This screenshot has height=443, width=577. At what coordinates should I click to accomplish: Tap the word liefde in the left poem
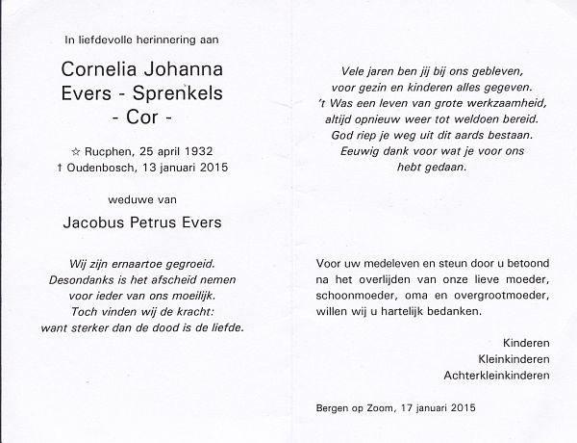point(227,327)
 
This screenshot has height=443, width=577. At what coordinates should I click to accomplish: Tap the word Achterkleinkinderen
point(496,375)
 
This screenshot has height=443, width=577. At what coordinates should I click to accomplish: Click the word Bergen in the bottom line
point(333,408)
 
